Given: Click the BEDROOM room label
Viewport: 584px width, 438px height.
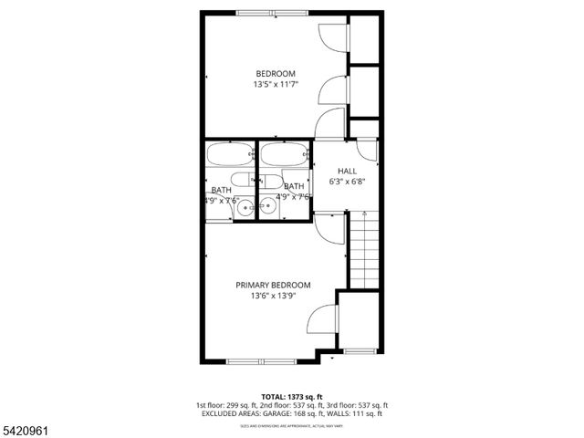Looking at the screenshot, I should tap(275, 73).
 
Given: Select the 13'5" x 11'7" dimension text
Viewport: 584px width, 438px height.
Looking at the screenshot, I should tap(275, 85).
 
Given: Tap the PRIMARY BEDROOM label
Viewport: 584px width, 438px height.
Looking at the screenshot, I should tap(274, 285).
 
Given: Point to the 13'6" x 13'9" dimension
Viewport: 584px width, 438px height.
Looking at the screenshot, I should tap(274, 296).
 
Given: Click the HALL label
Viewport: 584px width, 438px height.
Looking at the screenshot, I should tap(347, 171).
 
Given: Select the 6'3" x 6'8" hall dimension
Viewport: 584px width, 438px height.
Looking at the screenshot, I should tap(347, 182).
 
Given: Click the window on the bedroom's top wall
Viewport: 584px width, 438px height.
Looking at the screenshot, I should tap(271, 12).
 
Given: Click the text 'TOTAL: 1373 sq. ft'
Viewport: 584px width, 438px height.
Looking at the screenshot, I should tap(292, 397).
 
